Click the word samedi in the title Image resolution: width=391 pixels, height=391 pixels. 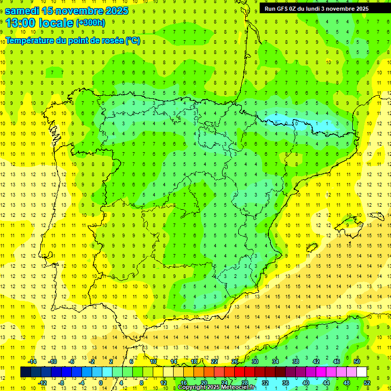coord(22,11)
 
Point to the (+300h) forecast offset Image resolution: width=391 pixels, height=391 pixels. coord(90,23)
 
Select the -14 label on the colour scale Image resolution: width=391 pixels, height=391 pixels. coord(32,361)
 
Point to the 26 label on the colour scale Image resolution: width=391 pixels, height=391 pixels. coord(235,361)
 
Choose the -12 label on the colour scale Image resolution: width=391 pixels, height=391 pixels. coord(42,383)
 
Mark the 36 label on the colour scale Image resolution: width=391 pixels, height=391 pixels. coord(286,383)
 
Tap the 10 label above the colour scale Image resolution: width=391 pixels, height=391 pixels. coord(153,361)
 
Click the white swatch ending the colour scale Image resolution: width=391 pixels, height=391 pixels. coord(361,372)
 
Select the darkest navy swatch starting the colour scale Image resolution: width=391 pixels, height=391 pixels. coord(25,372)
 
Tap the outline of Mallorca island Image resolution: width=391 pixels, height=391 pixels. coord(348,227)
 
